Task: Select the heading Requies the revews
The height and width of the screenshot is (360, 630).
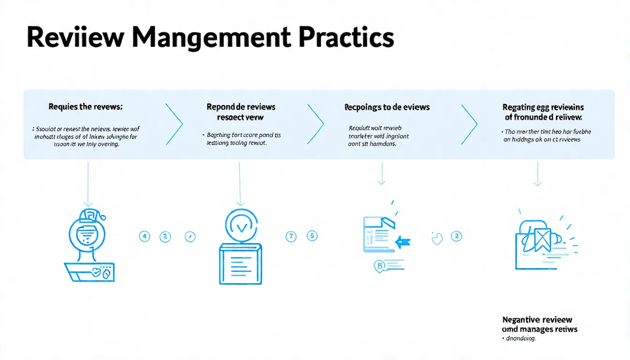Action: [x=85, y=107]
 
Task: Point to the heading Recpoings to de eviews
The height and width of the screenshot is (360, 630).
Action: [x=387, y=107]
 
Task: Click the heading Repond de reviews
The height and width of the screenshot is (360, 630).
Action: [x=241, y=107]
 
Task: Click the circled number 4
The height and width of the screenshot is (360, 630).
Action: [x=144, y=237]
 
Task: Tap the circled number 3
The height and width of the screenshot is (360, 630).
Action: [x=165, y=237]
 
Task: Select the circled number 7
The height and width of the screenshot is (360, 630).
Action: [x=291, y=237]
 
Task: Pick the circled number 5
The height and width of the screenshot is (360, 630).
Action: [x=312, y=236]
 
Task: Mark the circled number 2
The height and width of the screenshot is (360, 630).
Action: [x=456, y=236]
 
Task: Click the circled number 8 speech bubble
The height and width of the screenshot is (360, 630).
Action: [x=380, y=266]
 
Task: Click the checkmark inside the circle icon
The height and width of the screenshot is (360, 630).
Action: [x=242, y=227]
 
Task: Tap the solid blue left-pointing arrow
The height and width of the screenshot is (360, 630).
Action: [x=403, y=242]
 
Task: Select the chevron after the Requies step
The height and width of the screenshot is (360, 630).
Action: [x=174, y=124]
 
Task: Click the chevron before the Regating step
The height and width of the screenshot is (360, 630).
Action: [x=469, y=124]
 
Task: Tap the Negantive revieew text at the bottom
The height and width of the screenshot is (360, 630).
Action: [x=539, y=320]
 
